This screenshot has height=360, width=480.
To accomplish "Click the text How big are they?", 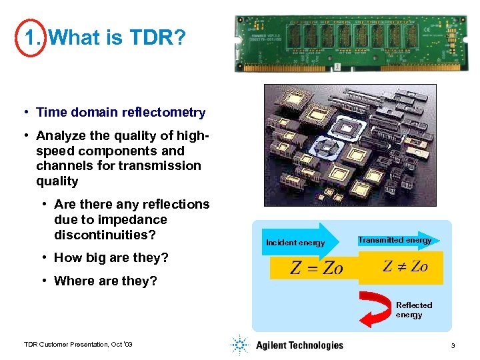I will pos(111,258).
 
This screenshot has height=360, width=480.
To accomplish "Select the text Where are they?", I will pos(105,281).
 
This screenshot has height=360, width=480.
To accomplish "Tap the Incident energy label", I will pos(295,243).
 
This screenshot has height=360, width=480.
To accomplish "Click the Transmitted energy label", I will pos(395,240).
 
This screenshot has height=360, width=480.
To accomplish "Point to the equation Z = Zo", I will pos(316,268).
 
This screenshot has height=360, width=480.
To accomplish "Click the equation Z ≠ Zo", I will pos(405,267).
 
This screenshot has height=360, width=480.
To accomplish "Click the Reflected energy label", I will pos(414,310).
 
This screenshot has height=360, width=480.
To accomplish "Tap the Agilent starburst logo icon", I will pos(239,345).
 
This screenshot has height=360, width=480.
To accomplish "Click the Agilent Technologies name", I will pos(299,345).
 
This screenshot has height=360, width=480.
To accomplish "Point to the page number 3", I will pos(453,345).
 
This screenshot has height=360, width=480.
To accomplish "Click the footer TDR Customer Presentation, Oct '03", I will pos(78,344).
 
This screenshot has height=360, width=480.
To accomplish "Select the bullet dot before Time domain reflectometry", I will pos(25,113).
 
